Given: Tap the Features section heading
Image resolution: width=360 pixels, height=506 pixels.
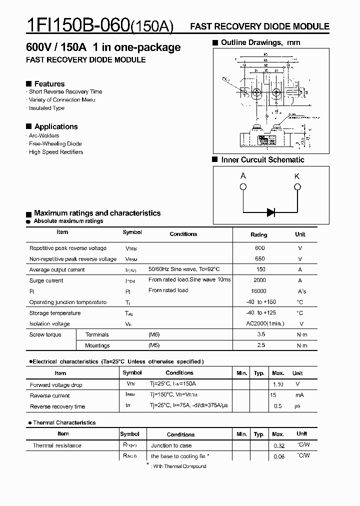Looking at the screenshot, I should click(49, 83).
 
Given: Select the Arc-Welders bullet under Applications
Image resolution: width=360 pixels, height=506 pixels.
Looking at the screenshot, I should click(44, 135).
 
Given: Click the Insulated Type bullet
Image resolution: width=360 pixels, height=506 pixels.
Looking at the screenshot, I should click(46, 108).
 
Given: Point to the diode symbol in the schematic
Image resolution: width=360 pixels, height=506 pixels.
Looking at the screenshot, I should click(271, 212).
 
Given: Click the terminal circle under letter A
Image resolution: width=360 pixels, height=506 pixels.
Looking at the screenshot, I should click(243, 187).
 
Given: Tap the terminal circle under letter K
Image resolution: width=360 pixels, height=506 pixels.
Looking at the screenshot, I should click(297, 187).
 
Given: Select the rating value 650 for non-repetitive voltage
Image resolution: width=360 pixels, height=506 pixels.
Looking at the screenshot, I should click(259, 259).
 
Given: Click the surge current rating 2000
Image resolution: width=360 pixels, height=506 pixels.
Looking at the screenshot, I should click(259, 280).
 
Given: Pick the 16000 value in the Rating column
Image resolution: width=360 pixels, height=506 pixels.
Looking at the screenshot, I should click(259, 291).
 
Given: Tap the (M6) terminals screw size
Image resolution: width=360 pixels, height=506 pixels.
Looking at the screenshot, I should click(153, 334).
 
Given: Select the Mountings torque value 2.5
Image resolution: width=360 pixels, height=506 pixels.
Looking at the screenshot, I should click(260, 345).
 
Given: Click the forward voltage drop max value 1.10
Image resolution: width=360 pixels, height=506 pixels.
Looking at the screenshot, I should click(278, 384).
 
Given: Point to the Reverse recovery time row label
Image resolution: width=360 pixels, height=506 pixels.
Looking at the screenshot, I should click(57, 406).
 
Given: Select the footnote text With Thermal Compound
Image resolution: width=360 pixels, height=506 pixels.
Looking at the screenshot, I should click(179, 466).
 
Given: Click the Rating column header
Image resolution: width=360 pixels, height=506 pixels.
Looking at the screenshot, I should click(258, 234).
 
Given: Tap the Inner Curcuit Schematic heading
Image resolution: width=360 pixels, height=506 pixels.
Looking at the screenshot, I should click(262, 160).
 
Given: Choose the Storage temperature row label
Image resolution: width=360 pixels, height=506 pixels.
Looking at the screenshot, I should click(55, 313).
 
